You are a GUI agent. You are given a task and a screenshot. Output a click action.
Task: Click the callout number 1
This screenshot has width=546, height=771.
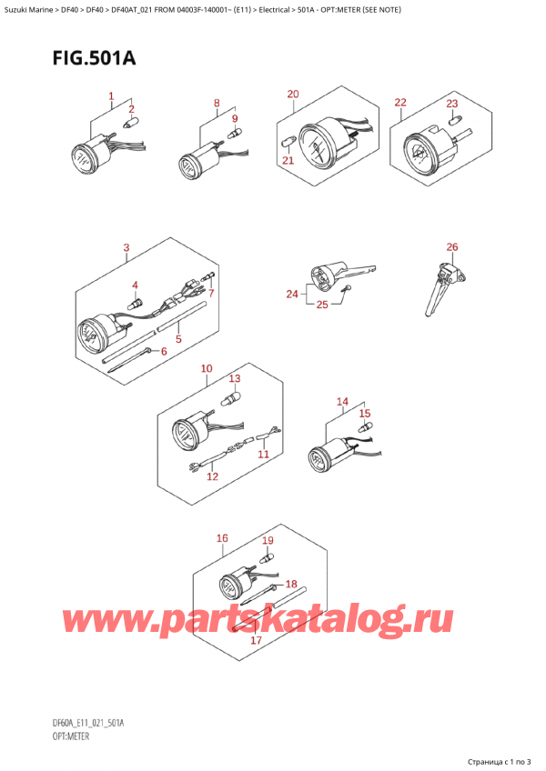pos(111,96)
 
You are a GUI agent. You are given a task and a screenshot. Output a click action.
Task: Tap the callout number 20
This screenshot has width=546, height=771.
pos(292,95)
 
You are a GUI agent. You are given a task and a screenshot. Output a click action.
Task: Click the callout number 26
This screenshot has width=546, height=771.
pos(452,247)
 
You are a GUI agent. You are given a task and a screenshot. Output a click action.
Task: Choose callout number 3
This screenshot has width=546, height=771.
pos(126,247)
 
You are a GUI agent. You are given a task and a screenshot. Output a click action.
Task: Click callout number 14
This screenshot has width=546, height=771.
pos(342,402)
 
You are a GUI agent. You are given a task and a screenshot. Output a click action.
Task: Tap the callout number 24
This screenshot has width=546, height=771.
pos(291,294)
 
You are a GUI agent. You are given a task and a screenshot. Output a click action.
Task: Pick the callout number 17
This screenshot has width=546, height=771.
pos(256,640)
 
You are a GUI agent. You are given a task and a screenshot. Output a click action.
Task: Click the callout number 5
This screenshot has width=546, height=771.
pos(178,340)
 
